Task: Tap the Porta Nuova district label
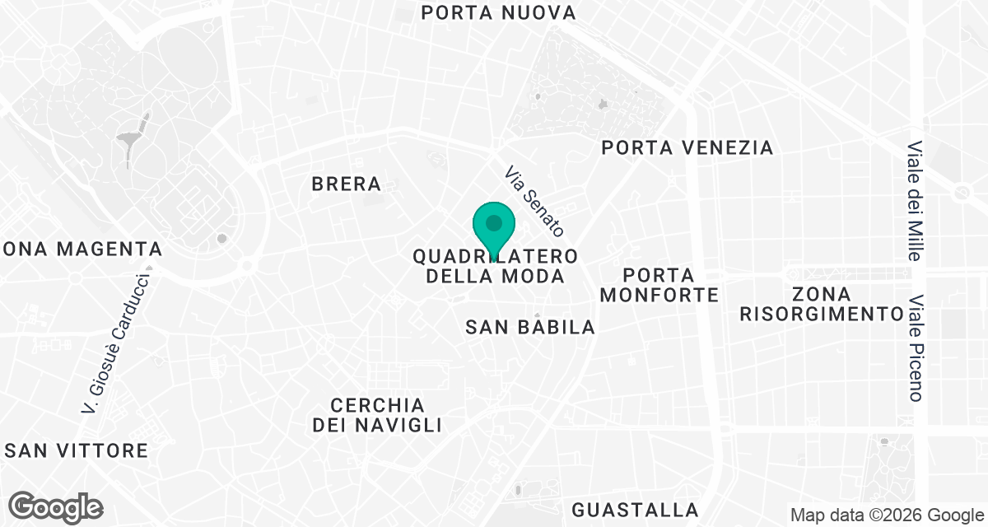[497, 12]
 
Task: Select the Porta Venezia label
[687, 147]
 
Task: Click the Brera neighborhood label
[347, 184]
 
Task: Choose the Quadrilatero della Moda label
[495, 266]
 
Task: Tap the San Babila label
[529, 327]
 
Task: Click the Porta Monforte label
[659, 284]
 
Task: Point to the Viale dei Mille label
[914, 201]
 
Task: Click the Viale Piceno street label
[914, 349]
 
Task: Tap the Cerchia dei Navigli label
[377, 415]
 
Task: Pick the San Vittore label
[77, 450]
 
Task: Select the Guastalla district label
[635, 509]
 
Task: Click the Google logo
[56, 506]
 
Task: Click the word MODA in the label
[535, 276]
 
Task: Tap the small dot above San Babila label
[536, 315]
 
